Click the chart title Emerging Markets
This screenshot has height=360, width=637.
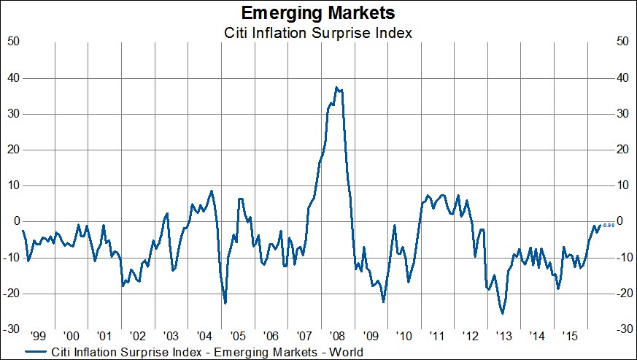[318, 13]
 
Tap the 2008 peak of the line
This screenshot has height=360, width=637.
[336, 88]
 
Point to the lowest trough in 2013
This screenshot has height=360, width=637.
[502, 313]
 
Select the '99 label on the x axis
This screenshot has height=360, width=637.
[39, 337]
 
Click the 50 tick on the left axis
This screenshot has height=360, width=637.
[12, 42]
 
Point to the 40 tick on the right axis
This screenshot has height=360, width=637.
[623, 77]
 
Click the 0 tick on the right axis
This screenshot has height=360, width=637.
[620, 221]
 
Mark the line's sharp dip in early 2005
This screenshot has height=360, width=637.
[225, 302]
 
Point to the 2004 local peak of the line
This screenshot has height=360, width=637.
[212, 191]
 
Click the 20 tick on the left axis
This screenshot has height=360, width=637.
[12, 149]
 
